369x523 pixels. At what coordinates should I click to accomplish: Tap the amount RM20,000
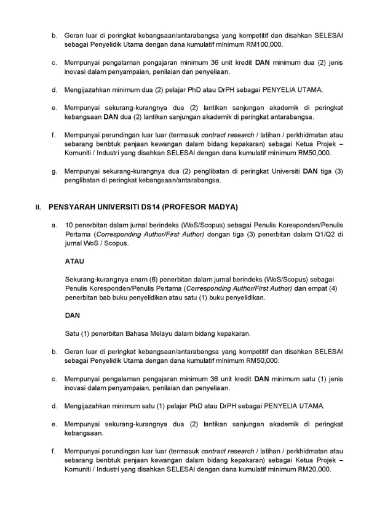click(x=313, y=468)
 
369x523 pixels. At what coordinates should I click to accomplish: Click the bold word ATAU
click(x=74, y=261)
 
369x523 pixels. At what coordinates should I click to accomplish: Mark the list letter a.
click(x=54, y=226)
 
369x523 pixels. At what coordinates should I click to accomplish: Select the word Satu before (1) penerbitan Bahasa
click(x=72, y=333)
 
